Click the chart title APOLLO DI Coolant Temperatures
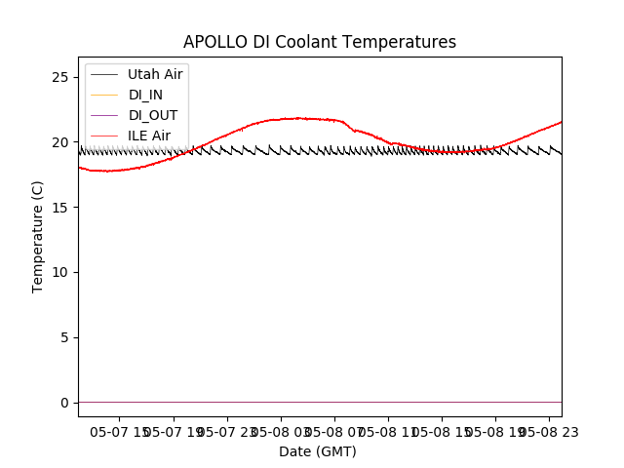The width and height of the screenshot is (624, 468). (x=320, y=42)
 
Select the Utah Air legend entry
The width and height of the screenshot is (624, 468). (x=155, y=74)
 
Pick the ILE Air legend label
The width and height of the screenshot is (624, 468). (x=149, y=136)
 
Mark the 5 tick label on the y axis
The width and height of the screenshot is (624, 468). (x=64, y=337)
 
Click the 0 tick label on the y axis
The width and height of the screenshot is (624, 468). (x=64, y=403)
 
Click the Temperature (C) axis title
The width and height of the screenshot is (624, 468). (x=38, y=236)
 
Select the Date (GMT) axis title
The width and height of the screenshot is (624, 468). (x=318, y=451)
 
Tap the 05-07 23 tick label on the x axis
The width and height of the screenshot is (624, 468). (x=227, y=430)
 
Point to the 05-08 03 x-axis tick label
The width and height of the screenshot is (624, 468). (x=281, y=430)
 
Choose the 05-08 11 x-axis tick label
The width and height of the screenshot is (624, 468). (x=388, y=430)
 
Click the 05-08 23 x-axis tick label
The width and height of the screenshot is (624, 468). (x=547, y=430)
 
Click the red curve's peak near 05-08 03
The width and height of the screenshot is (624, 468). (x=296, y=118)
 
